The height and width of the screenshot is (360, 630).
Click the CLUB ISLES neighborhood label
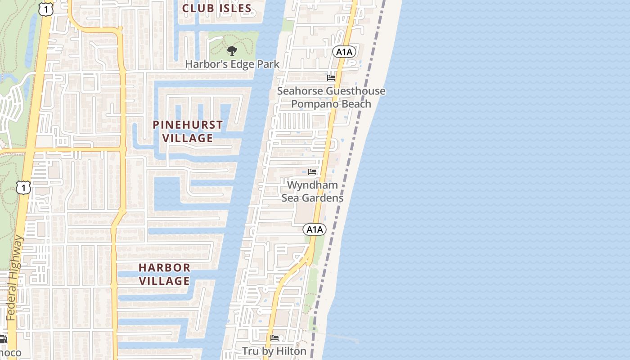217,8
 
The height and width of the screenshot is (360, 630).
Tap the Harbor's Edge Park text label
232,64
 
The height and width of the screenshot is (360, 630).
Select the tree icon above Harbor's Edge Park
232,50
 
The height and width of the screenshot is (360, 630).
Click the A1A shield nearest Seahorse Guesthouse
344,52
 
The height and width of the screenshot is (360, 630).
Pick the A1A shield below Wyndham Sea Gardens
315,229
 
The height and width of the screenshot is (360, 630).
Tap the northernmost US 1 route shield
46,9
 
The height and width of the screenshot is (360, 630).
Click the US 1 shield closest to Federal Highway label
23,187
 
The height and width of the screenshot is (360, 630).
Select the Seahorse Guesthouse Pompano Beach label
331,97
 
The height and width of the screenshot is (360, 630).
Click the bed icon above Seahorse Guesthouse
331,77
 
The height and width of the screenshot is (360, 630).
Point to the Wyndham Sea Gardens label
312,191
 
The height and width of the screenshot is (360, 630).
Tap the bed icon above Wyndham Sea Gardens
312,172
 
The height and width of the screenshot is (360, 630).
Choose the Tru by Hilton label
274,351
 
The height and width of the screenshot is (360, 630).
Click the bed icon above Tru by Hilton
274,338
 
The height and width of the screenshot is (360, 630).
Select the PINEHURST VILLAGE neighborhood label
188,131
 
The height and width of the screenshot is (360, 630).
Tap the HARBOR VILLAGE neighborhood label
164,274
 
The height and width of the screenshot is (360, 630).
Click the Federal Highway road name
14,279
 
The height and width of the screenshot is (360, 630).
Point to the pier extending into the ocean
342,337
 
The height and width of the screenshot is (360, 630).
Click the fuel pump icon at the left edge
3,339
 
